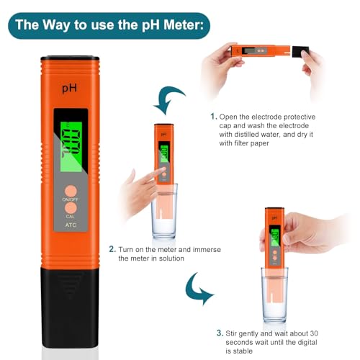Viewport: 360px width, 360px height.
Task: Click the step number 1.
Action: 213,116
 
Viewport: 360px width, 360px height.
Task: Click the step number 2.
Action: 112,249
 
